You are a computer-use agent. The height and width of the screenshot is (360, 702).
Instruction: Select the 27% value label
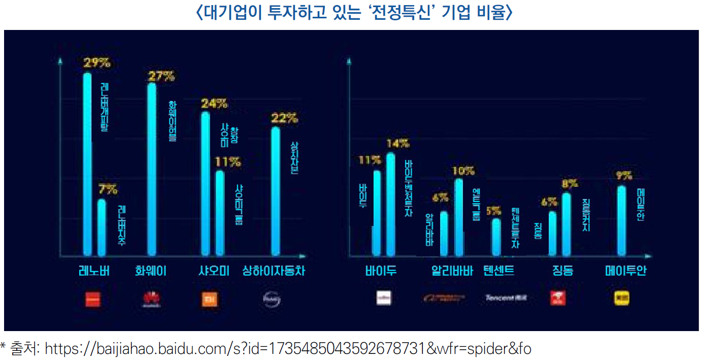click(x=161, y=77)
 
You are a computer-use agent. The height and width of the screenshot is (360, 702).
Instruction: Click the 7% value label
click(x=108, y=190)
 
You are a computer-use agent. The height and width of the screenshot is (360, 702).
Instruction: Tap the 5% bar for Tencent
click(x=496, y=237)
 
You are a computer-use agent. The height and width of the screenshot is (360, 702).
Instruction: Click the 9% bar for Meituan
click(x=621, y=221)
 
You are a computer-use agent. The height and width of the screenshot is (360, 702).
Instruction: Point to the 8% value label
click(x=570, y=183)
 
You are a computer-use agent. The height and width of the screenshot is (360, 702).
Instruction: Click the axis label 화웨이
click(x=151, y=271)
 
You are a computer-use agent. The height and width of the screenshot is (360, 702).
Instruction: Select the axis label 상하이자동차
click(x=274, y=271)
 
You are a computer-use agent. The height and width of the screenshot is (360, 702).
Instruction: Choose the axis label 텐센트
click(x=499, y=271)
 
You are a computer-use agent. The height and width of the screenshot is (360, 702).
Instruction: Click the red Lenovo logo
click(x=93, y=299)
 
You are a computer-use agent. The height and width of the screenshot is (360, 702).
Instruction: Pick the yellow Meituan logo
click(x=622, y=298)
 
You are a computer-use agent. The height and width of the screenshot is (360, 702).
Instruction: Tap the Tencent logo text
click(x=506, y=298)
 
